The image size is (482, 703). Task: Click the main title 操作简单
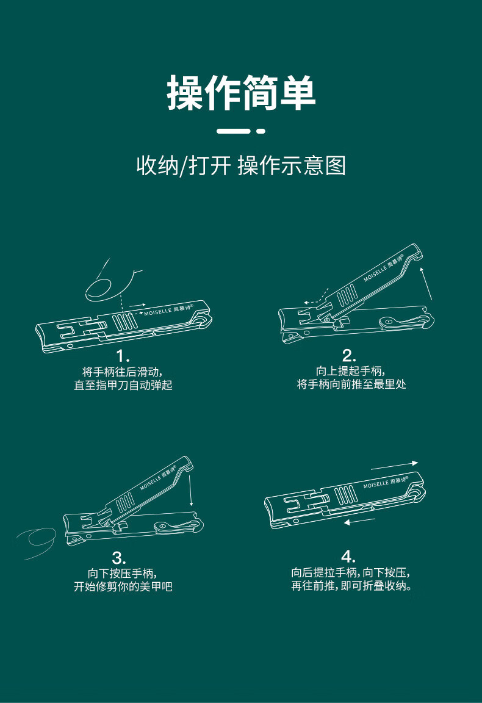tap(241, 93)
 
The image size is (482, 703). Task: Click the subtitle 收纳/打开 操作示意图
tap(241, 165)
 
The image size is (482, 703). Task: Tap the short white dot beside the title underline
tap(261, 131)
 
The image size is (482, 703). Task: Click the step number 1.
tap(123, 356)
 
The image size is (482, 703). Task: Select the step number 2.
tap(349, 356)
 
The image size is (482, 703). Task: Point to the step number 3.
tap(119, 558)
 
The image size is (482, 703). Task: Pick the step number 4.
tap(348, 557)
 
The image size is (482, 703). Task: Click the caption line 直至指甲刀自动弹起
tap(123, 385)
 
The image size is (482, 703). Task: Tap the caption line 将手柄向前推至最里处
tap(351, 384)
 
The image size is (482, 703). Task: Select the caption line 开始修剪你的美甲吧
tap(123, 586)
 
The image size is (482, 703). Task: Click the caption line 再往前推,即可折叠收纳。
tap(351, 586)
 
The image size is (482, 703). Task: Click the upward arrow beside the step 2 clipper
tap(426, 283)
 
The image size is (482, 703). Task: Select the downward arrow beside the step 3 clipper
tap(190, 491)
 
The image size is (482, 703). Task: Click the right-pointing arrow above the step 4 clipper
tap(395, 466)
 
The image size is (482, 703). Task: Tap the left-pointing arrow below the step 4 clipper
tap(359, 521)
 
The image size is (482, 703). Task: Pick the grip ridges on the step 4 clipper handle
tap(347, 495)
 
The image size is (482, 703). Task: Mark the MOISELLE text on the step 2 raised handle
tap(375, 273)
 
